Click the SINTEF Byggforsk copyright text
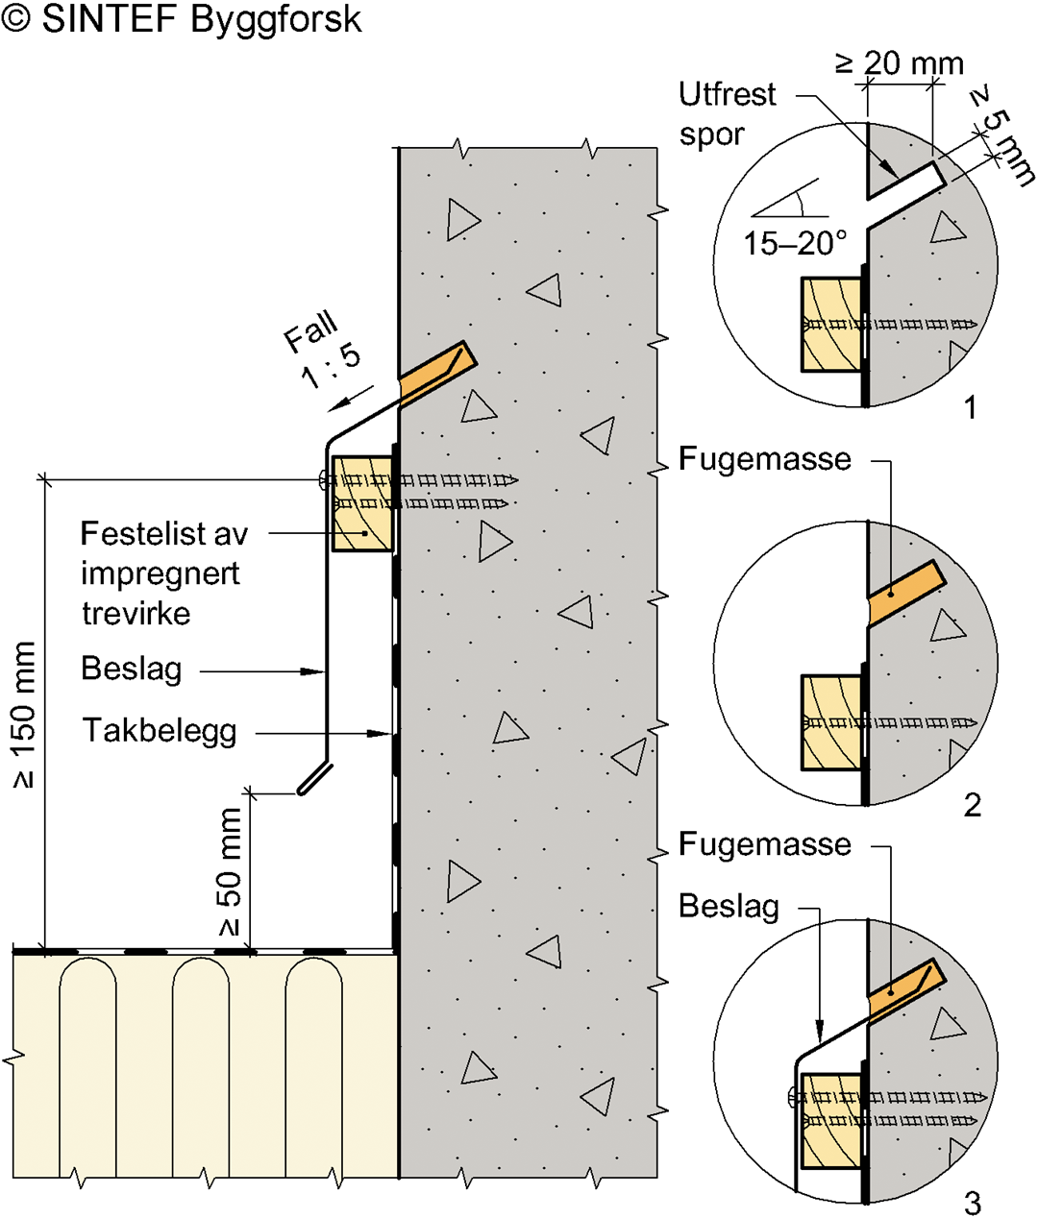point(183,20)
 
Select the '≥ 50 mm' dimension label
point(230,871)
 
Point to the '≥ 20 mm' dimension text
point(899,63)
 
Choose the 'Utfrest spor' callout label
point(726,113)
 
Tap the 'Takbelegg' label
point(160,731)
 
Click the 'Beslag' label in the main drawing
point(131,669)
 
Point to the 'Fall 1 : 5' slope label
point(322,353)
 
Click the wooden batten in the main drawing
point(361,504)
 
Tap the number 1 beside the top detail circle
point(971,408)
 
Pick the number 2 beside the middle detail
point(972,805)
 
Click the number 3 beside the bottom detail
point(972,1202)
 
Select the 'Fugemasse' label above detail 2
point(764,459)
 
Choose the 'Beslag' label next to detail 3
point(729,906)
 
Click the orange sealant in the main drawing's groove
point(437,370)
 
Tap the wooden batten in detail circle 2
point(829,722)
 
